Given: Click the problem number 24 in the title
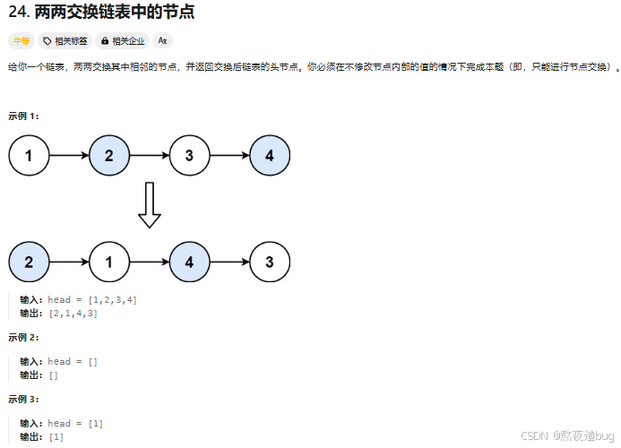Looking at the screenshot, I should point(17,13).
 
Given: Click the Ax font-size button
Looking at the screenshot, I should point(162,40).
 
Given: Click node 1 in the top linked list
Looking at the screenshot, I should point(29,156).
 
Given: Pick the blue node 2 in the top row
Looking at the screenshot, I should point(109,156).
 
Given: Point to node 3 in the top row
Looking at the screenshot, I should point(189,156).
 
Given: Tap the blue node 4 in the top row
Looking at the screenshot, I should point(270,156).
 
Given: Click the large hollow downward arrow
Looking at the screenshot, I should point(150,205).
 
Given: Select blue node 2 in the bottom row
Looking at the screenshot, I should point(29,263).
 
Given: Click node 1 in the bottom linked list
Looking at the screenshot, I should point(109,263).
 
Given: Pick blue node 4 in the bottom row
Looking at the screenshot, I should point(189,263).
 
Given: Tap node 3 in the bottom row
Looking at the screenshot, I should point(270,263).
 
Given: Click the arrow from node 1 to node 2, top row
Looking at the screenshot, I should point(69,156).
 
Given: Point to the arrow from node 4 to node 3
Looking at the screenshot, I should point(229,263).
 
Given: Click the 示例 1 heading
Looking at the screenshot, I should point(23,116).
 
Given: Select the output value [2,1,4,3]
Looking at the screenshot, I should point(73,313).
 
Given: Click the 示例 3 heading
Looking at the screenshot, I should point(23,399).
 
